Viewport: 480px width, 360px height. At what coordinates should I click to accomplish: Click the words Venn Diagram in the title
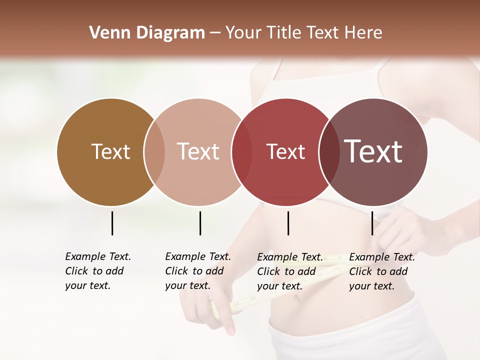click(147, 33)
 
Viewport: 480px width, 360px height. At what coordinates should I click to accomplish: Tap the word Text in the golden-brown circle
click(110, 151)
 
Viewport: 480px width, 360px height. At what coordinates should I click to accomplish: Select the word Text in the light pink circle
click(198, 151)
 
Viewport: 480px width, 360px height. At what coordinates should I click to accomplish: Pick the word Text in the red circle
click(285, 151)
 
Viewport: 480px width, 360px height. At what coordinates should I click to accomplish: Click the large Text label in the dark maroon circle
click(373, 151)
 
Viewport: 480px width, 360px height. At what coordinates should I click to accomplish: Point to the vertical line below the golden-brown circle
click(112, 223)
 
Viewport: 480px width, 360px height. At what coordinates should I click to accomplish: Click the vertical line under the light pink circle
click(200, 223)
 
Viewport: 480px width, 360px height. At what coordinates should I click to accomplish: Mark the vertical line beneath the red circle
click(288, 223)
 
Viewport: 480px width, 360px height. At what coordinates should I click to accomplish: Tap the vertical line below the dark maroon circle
click(372, 223)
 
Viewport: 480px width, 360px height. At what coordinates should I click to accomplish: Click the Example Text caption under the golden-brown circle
click(97, 271)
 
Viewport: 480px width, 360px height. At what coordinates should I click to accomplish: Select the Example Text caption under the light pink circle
click(197, 271)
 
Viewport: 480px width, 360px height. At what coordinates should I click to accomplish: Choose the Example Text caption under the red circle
click(289, 271)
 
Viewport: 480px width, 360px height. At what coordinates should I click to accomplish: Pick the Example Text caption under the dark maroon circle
click(381, 271)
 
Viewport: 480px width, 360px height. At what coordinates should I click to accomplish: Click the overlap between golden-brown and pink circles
click(154, 151)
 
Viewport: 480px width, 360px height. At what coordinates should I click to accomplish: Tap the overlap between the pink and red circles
click(242, 151)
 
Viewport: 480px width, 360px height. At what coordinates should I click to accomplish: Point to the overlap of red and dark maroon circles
click(328, 151)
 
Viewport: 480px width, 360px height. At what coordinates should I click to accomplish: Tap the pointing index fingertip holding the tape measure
click(230, 331)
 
